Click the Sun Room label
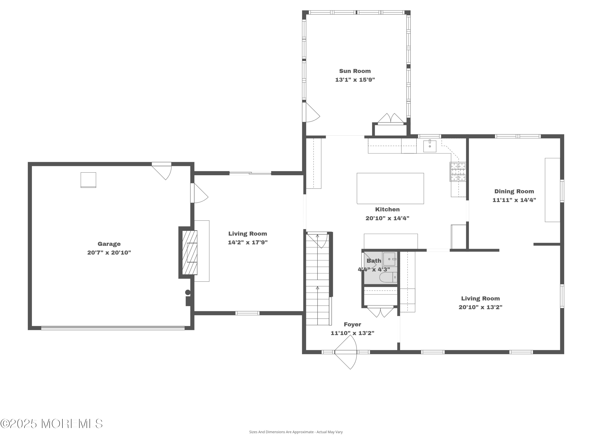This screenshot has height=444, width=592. click(355, 71)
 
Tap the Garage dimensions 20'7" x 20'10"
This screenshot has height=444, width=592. click(109, 252)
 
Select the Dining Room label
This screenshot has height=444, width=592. click(514, 191)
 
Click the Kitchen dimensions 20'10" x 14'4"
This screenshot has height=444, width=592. click(387, 218)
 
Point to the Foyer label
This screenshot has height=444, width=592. click(352, 324)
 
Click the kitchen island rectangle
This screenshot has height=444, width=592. click(390, 188)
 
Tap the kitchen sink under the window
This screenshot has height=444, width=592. click(430, 146)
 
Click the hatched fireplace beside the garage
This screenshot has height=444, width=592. click(189, 252)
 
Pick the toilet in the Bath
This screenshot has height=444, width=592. click(388, 277)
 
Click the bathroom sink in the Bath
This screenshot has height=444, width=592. click(389, 259)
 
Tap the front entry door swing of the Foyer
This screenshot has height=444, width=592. click(346, 352)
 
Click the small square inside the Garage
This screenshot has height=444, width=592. click(88, 180)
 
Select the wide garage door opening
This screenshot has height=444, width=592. click(113, 328)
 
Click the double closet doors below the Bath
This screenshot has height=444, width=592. click(380, 311)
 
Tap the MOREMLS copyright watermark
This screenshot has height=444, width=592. click(51, 424)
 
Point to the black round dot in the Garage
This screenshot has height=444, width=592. click(188, 292)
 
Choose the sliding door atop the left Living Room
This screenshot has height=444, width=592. click(250, 173)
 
